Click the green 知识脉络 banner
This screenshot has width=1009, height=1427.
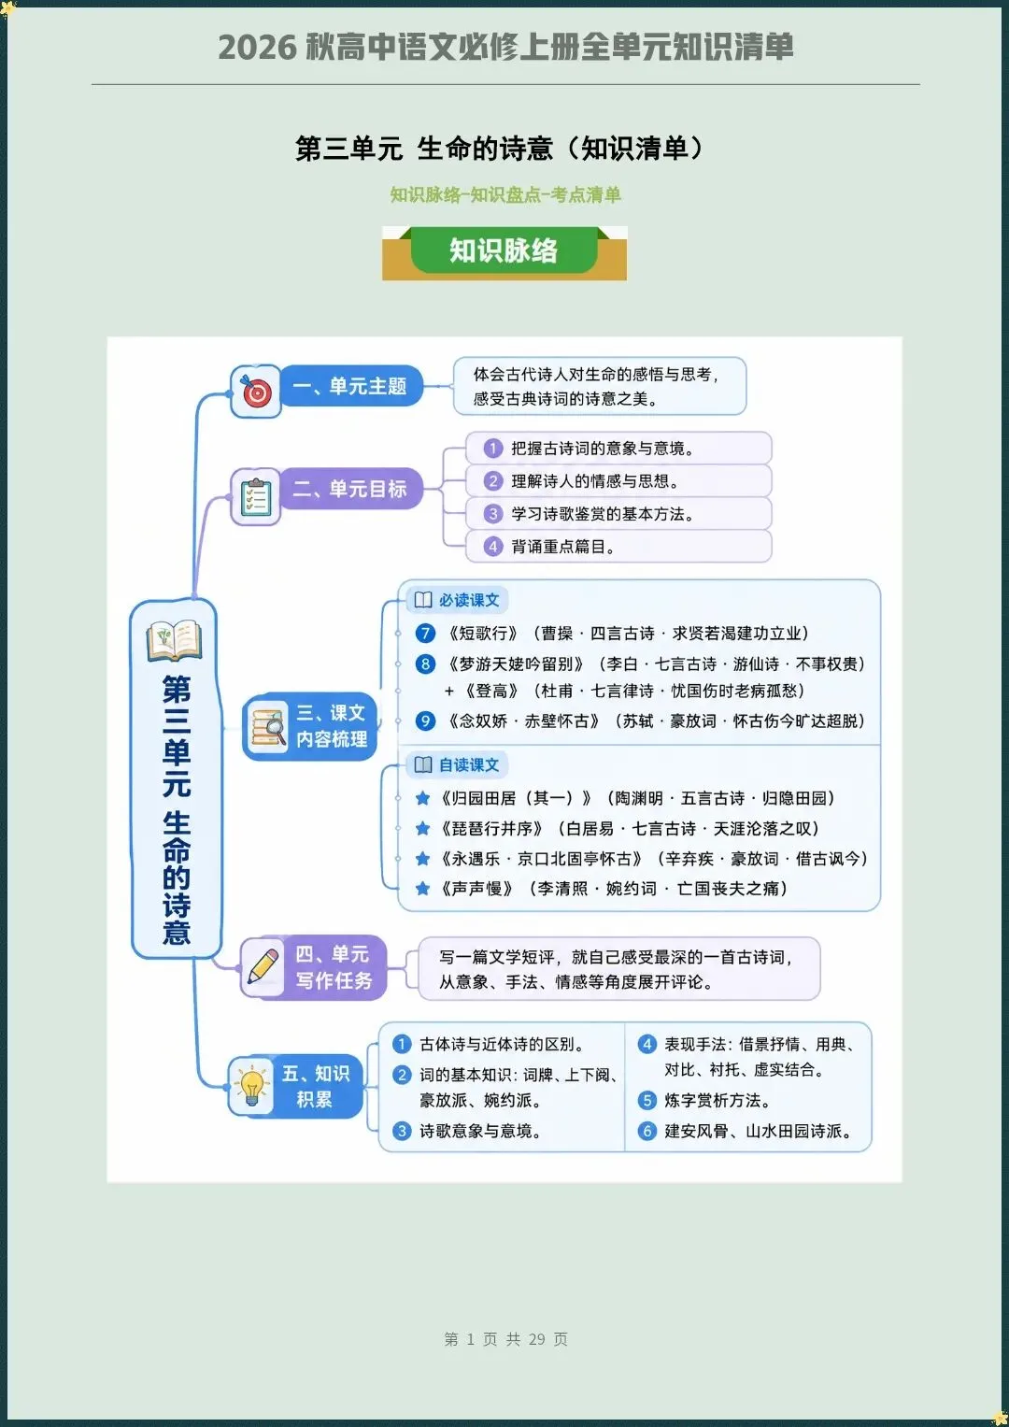click(x=504, y=250)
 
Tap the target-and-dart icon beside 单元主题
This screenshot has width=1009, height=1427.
click(x=256, y=392)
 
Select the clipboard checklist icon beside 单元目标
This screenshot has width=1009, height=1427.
click(x=256, y=497)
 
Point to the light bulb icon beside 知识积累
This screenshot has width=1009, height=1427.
click(x=251, y=1086)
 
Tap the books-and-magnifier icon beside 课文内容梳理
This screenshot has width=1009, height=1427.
click(x=268, y=726)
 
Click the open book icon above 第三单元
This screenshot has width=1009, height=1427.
click(x=174, y=640)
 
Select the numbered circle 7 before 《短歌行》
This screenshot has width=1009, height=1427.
click(x=425, y=634)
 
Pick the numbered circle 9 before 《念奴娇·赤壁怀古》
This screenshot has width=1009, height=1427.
click(x=425, y=721)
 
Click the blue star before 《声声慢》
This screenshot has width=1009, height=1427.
click(x=421, y=889)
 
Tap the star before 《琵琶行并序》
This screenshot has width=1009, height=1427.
click(x=421, y=829)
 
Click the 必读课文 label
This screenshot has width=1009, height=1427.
click(x=458, y=600)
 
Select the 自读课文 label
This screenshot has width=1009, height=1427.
click(x=458, y=764)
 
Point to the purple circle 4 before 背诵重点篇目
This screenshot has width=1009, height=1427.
click(x=492, y=547)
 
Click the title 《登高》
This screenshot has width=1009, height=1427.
click(x=491, y=692)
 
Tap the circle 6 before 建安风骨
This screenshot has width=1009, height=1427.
click(x=647, y=1131)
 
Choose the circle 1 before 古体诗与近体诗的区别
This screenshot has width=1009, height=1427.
click(x=402, y=1044)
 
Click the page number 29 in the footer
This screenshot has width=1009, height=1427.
click(x=537, y=1339)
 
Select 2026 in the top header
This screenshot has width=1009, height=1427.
click(x=257, y=48)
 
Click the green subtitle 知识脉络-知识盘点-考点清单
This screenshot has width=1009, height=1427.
click(x=505, y=195)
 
